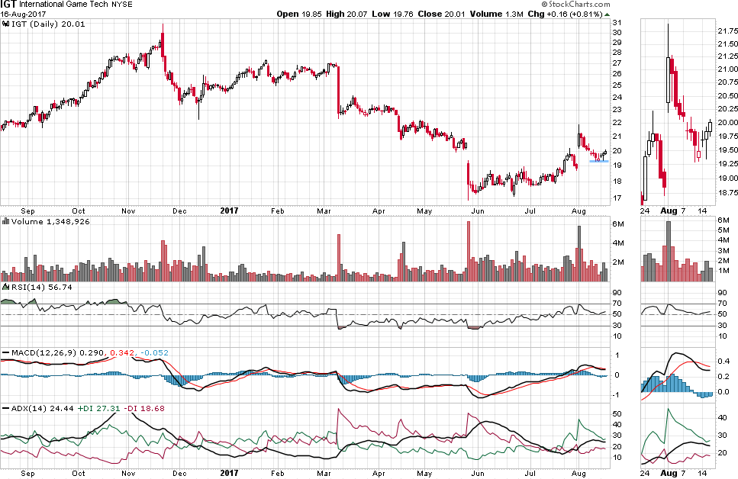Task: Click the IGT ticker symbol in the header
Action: pos(9,5)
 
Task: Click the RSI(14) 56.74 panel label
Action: pos(30,287)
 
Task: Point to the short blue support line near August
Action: pos(598,161)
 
